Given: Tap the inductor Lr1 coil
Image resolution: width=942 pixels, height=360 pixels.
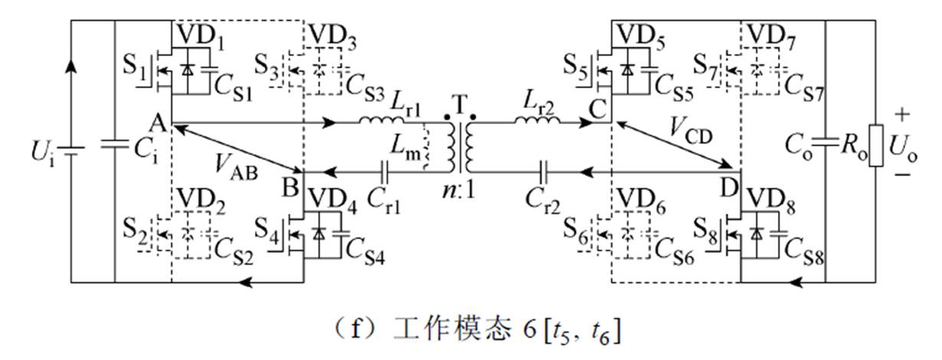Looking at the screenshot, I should point(381,120).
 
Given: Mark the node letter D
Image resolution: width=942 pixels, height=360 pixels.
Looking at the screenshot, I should point(728,185).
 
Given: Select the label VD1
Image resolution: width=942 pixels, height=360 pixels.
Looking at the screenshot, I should point(198,37).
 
